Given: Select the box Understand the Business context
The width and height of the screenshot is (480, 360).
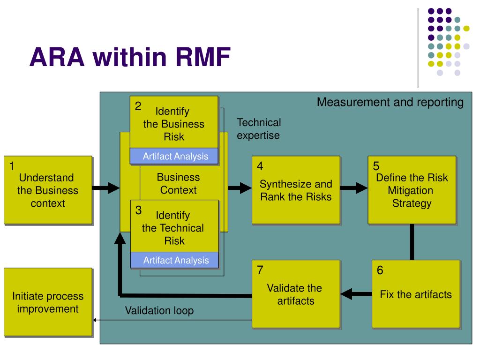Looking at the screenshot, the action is pyautogui.click(x=48, y=190).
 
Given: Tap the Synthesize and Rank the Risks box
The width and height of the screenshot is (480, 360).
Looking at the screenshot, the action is pyautogui.click(x=296, y=190).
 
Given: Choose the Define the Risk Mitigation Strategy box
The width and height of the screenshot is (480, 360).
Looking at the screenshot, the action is pyautogui.click(x=412, y=190).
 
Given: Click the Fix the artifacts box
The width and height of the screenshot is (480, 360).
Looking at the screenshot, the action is pyautogui.click(x=416, y=294).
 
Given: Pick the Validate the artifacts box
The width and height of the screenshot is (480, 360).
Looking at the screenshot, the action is pyautogui.click(x=296, y=294).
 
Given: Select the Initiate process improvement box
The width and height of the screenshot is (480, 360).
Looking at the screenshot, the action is pyautogui.click(x=48, y=302).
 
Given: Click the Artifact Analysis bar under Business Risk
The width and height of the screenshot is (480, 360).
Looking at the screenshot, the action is pyautogui.click(x=174, y=156).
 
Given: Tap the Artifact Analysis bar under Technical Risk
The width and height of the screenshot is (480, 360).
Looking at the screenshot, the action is pyautogui.click(x=174, y=260).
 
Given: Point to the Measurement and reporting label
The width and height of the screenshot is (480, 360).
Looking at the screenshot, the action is pyautogui.click(x=390, y=102).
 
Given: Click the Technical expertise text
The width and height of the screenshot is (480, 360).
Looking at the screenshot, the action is pyautogui.click(x=259, y=129).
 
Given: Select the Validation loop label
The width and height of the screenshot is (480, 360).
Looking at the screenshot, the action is pyautogui.click(x=159, y=310).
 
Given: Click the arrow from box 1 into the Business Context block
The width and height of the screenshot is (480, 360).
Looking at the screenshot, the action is pyautogui.click(x=106, y=187).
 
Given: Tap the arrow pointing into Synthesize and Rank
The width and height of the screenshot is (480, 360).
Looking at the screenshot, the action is pyautogui.click(x=240, y=187).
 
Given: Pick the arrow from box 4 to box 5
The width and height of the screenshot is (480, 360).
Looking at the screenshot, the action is pyautogui.click(x=354, y=187).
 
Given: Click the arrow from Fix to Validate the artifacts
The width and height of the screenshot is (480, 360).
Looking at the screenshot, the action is pyautogui.click(x=356, y=294).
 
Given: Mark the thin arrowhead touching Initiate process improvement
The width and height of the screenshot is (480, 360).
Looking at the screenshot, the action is pyautogui.click(x=95, y=320).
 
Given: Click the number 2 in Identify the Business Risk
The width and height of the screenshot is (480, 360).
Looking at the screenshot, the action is pyautogui.click(x=138, y=106).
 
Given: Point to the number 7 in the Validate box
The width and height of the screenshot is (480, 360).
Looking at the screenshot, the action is pyautogui.click(x=260, y=270).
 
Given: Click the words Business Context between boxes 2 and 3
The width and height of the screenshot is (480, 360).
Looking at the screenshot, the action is pyautogui.click(x=178, y=184).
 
